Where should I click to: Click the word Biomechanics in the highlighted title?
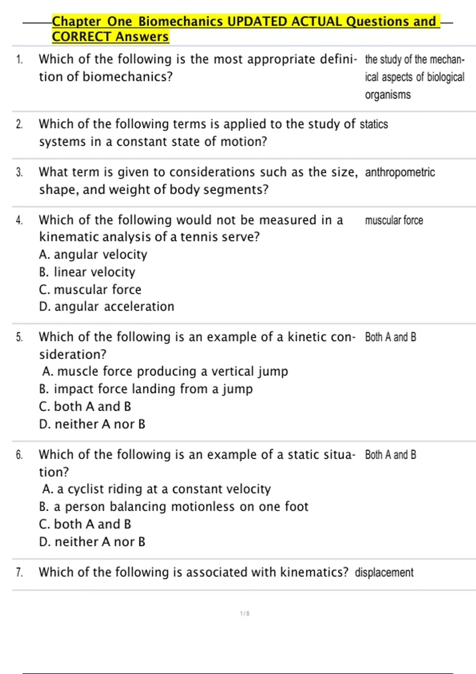click(180, 21)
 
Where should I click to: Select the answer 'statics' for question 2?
click(374, 124)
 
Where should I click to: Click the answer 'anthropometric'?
click(400, 172)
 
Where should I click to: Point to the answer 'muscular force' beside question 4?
click(394, 220)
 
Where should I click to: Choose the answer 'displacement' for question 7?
click(384, 573)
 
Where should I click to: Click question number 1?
click(19, 60)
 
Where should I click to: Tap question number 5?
click(19, 337)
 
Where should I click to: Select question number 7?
click(19, 573)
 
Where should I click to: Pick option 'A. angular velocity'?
click(93, 255)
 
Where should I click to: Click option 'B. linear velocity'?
click(87, 272)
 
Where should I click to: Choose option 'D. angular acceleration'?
click(107, 306)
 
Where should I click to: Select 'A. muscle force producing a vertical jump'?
click(165, 371)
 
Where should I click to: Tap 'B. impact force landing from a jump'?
click(146, 389)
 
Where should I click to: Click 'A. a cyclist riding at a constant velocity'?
click(156, 489)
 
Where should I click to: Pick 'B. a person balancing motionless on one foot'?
click(174, 507)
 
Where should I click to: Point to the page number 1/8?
click(245, 614)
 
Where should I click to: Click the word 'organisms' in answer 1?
click(388, 95)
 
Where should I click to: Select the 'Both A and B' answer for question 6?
click(390, 455)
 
